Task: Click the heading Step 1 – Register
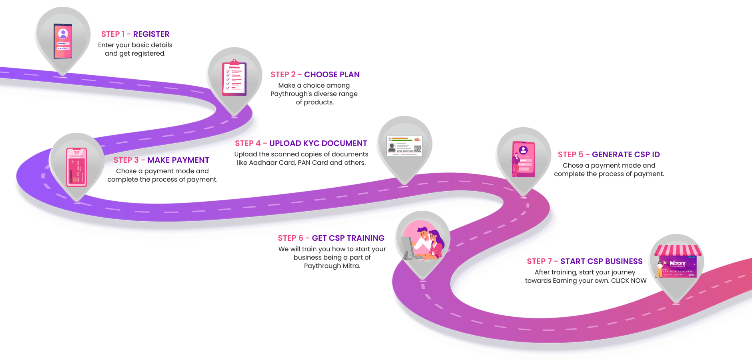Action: click(135, 34)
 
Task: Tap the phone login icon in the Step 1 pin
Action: click(63, 41)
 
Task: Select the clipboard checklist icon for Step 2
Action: click(234, 78)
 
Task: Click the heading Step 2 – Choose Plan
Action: click(315, 74)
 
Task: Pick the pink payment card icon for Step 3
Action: click(76, 167)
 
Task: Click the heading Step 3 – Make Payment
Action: click(161, 160)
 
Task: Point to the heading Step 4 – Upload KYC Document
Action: click(301, 143)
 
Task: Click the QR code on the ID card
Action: click(417, 149)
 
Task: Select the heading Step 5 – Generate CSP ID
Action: click(609, 154)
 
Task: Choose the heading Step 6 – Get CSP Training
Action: click(331, 238)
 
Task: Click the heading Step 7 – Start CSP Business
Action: click(585, 261)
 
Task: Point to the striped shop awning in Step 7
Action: click(678, 250)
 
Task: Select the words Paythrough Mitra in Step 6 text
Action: click(332, 266)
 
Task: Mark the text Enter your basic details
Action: click(135, 45)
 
